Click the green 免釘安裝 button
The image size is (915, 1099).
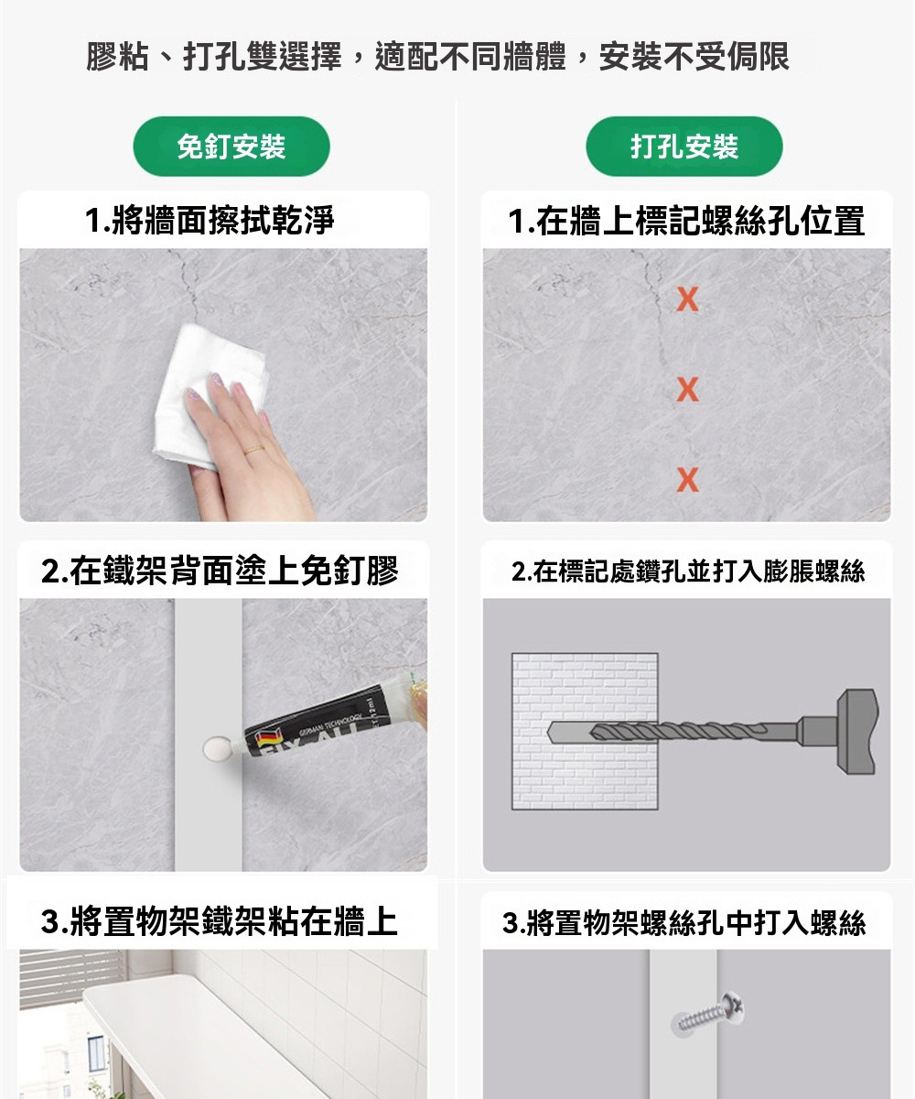(231, 147)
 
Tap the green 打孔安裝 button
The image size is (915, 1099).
(684, 147)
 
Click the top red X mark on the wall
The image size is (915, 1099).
(688, 299)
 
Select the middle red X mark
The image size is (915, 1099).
(688, 389)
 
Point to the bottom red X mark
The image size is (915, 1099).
(688, 480)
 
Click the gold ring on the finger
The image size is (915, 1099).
(253, 450)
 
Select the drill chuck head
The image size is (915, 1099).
(857, 732)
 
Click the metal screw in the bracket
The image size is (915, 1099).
(707, 1012)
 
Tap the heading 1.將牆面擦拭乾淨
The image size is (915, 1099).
(210, 220)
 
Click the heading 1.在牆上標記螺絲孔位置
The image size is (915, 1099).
(686, 221)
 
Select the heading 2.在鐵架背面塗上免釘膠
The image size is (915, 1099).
(220, 571)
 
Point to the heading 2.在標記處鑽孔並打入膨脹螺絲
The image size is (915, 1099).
(688, 571)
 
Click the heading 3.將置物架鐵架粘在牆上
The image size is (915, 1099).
(219, 921)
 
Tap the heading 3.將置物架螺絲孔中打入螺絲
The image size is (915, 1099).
(684, 922)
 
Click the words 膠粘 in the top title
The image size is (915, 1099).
(117, 57)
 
